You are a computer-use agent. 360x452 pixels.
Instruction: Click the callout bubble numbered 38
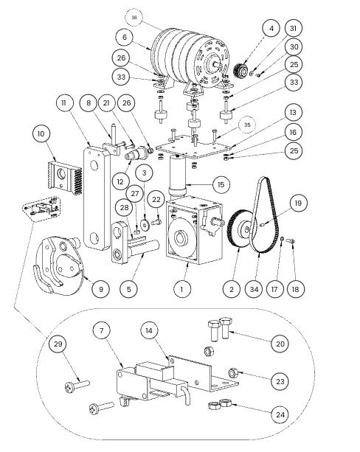tap(134, 17)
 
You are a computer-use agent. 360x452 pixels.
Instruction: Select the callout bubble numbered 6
tap(125, 37)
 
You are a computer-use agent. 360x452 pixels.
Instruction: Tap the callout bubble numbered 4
tap(271, 28)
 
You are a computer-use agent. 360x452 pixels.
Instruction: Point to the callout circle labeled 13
tap(294, 112)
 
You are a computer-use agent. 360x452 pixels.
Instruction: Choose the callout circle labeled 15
tap(221, 184)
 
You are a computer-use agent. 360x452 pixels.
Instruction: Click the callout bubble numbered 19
tap(298, 203)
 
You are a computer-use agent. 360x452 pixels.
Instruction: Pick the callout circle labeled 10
tap(41, 133)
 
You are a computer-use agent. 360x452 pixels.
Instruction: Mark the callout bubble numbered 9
tap(100, 289)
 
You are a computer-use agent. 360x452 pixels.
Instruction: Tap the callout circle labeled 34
tap(254, 289)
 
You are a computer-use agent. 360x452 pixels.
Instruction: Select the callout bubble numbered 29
tap(58, 344)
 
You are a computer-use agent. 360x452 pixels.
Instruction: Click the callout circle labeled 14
tap(149, 330)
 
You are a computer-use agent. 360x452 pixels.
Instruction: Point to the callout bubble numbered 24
tap(280, 414)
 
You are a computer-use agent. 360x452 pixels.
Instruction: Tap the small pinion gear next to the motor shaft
tap(241, 70)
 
